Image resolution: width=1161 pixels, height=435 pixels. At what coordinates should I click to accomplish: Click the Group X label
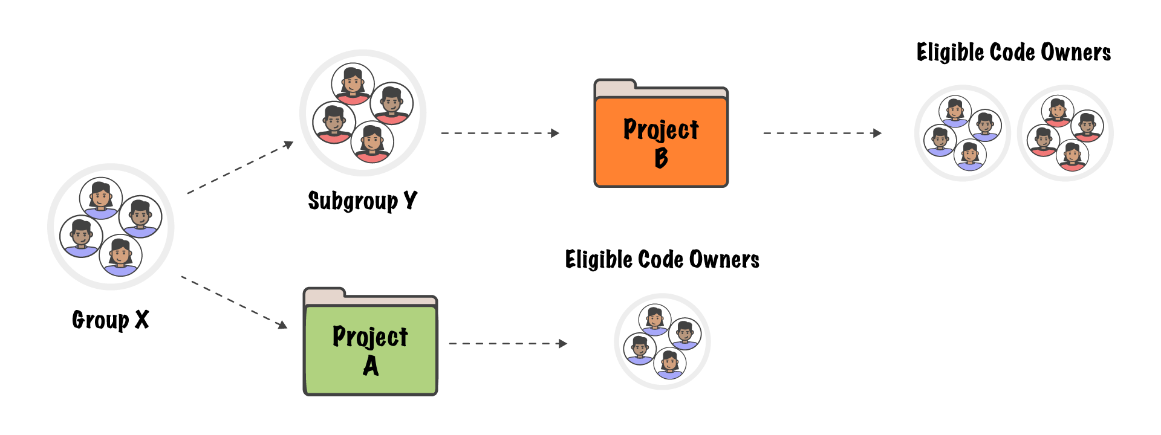110,320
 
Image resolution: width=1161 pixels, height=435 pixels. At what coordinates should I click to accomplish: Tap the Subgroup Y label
362,201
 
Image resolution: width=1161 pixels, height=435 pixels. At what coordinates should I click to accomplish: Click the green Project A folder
370,347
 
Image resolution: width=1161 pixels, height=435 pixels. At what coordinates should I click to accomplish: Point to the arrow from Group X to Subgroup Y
240,168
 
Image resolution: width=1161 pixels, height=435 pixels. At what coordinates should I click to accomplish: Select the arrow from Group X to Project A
234,302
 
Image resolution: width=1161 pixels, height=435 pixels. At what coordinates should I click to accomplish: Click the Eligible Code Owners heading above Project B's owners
1013,53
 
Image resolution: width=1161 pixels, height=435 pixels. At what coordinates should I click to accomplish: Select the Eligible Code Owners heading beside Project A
662,260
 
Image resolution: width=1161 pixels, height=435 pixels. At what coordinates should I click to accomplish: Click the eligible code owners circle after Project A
662,342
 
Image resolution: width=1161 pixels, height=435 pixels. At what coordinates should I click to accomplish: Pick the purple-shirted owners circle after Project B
962,133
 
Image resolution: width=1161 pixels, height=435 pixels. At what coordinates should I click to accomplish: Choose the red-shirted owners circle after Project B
1065,133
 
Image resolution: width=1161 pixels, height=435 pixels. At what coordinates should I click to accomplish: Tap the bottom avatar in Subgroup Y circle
372,143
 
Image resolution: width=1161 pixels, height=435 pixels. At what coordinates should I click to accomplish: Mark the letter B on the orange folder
661,158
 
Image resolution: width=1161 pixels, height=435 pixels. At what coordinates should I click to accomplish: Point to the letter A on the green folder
371,366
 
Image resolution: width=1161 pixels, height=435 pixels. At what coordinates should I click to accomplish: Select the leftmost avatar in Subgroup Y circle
334,123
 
